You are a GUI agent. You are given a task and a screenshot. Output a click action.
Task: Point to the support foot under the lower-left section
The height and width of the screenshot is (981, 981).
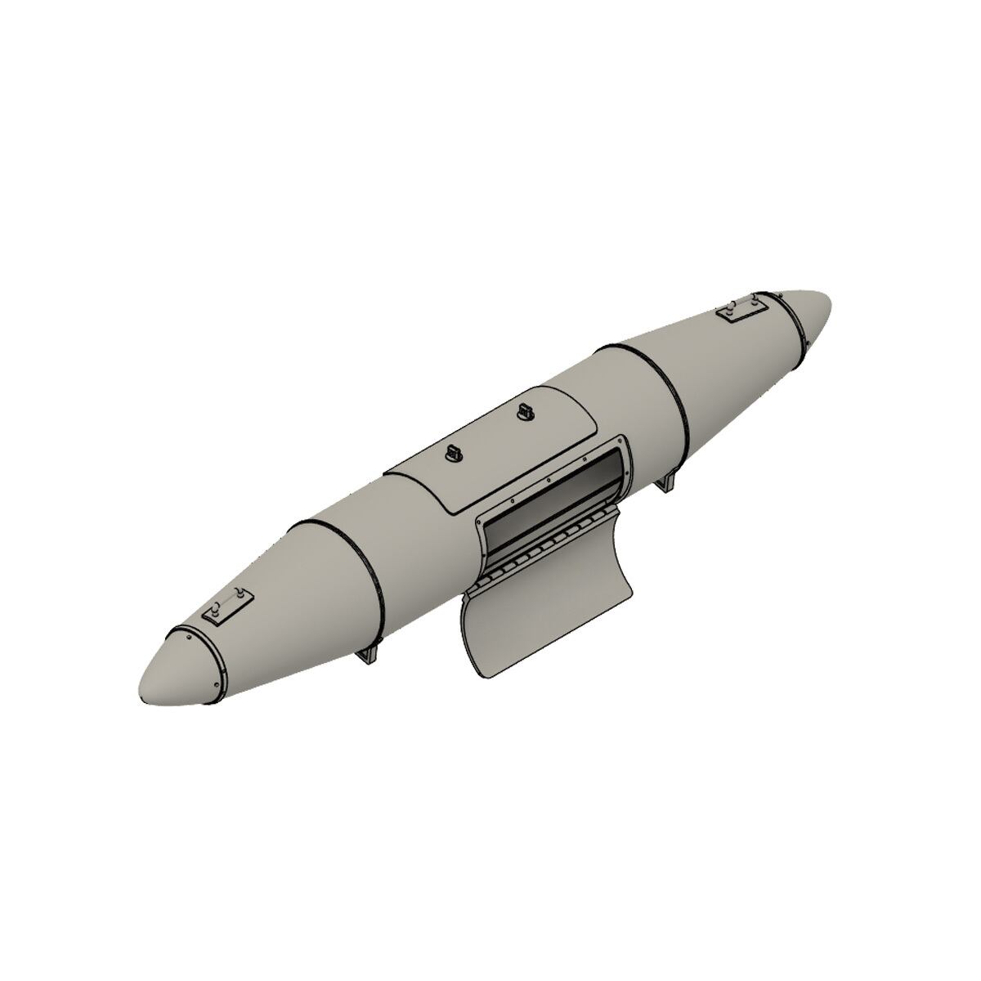click(373, 655)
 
